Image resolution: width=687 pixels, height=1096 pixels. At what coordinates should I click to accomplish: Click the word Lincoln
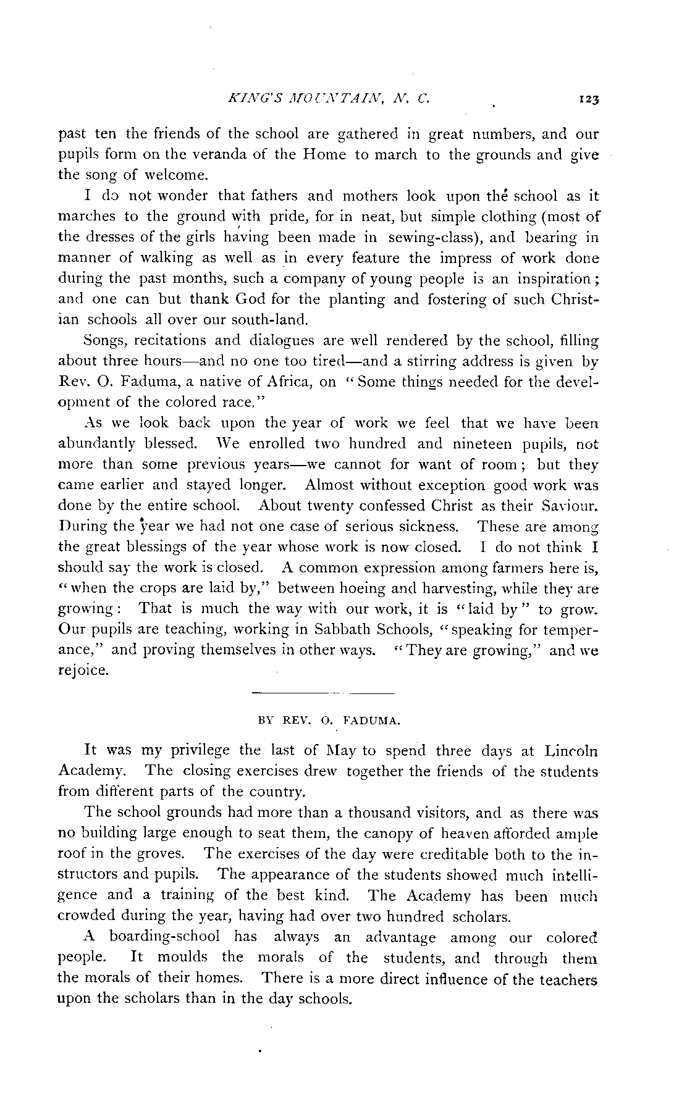click(x=571, y=751)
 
